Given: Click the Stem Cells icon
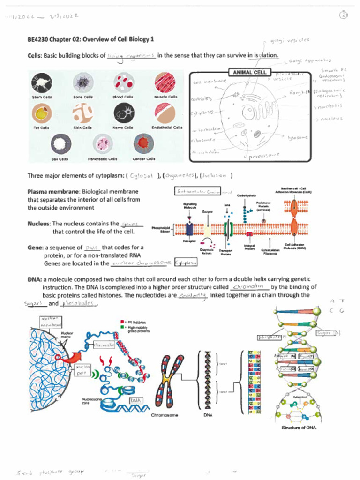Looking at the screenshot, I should [41, 83].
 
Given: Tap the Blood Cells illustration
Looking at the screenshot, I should [124, 82].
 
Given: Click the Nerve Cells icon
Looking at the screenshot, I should [124, 113].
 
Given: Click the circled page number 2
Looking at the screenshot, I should [344, 15].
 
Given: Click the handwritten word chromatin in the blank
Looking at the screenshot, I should [250, 286].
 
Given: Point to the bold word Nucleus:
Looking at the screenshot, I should [39, 224].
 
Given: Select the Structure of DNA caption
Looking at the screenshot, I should [299, 427].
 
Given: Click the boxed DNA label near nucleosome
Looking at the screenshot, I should [136, 401].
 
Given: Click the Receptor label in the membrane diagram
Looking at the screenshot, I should [189, 241].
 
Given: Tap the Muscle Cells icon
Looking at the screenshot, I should [165, 82].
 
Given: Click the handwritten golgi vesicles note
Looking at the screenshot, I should [291, 41].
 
